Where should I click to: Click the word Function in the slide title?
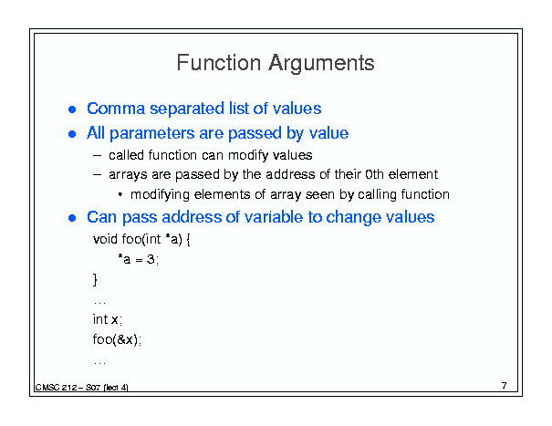(219, 63)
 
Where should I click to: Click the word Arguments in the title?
(321, 64)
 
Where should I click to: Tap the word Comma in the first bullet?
(116, 109)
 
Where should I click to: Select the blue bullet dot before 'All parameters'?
(72, 134)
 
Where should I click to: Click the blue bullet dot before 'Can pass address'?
(72, 218)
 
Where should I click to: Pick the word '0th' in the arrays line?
(374, 174)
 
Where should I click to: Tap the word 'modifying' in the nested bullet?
(160, 194)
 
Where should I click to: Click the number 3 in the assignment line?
(151, 259)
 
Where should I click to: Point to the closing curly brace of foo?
(95, 280)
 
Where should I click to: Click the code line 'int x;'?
(108, 319)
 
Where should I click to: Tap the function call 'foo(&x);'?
(117, 339)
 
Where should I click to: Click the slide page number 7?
(505, 386)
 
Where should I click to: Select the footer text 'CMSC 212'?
(56, 388)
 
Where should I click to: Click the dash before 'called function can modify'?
(97, 155)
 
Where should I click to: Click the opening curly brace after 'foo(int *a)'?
(188, 240)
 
